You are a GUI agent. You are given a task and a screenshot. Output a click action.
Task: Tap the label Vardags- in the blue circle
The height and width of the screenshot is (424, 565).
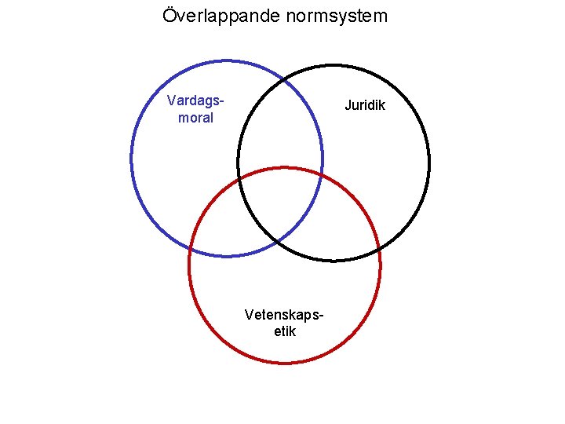coord(196,101)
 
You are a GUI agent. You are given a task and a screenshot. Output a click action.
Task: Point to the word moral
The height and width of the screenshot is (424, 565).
coord(196,118)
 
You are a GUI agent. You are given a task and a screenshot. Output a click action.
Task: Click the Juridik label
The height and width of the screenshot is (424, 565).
coord(366,105)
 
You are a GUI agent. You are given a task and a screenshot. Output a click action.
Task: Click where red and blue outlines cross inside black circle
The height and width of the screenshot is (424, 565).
coord(322,177)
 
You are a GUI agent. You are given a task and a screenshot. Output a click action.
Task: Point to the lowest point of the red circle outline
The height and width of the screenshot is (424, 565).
coord(285,363)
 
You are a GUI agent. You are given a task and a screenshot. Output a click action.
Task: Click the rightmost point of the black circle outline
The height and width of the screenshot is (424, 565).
coord(429,163)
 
